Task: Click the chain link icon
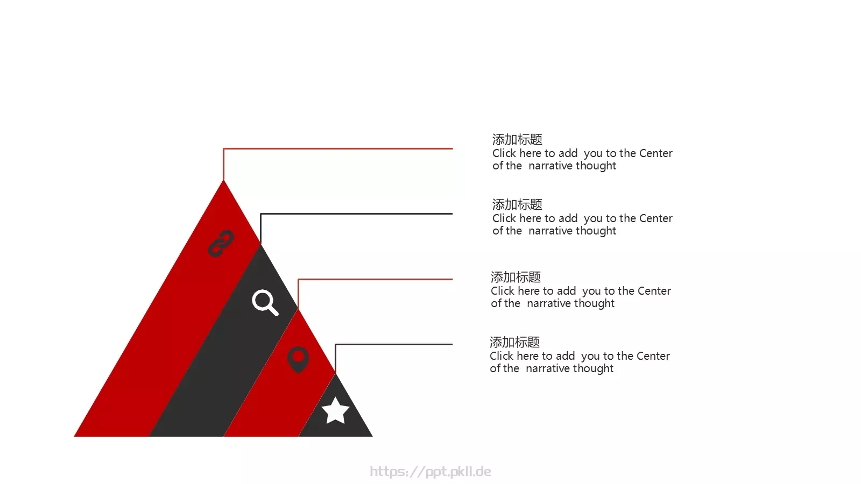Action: click(x=221, y=244)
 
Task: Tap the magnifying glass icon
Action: click(x=265, y=302)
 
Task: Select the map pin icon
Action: click(x=298, y=360)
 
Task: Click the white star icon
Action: click(x=335, y=410)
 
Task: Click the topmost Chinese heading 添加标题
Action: click(x=517, y=139)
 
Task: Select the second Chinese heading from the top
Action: click(x=517, y=205)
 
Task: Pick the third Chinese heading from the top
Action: click(x=516, y=277)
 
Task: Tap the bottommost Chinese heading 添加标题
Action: click(x=514, y=342)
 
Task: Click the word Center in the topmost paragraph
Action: click(x=656, y=153)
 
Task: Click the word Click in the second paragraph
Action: click(x=504, y=218)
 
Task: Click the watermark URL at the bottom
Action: click(x=430, y=472)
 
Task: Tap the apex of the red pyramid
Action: click(x=223, y=181)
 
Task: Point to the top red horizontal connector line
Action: click(x=338, y=148)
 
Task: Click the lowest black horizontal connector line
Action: click(x=394, y=345)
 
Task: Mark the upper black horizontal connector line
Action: click(x=357, y=213)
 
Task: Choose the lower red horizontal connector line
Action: click(x=376, y=279)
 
